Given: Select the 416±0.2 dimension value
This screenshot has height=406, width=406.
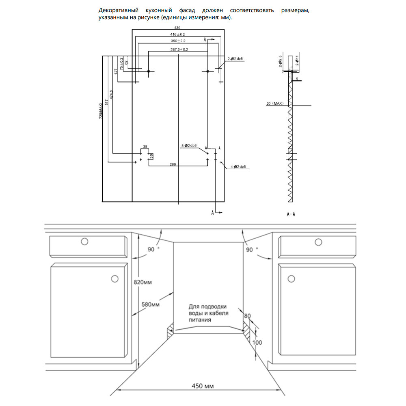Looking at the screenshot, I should tap(177, 35).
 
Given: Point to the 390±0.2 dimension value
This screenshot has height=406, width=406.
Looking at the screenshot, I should tap(177, 41).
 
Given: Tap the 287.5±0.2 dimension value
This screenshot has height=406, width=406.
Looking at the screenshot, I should tap(179, 50).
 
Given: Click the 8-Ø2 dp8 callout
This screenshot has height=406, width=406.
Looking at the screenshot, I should tap(189, 145).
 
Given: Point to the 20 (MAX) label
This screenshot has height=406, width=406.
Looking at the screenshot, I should tap(274, 104).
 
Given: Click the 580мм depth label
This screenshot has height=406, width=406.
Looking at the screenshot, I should tap(150, 304).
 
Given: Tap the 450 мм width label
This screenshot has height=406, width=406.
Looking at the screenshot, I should tap(203, 386).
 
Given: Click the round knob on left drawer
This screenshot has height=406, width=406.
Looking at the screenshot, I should tap(84, 242).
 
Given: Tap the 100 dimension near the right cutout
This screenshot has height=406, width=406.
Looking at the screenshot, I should tap(257, 342).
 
